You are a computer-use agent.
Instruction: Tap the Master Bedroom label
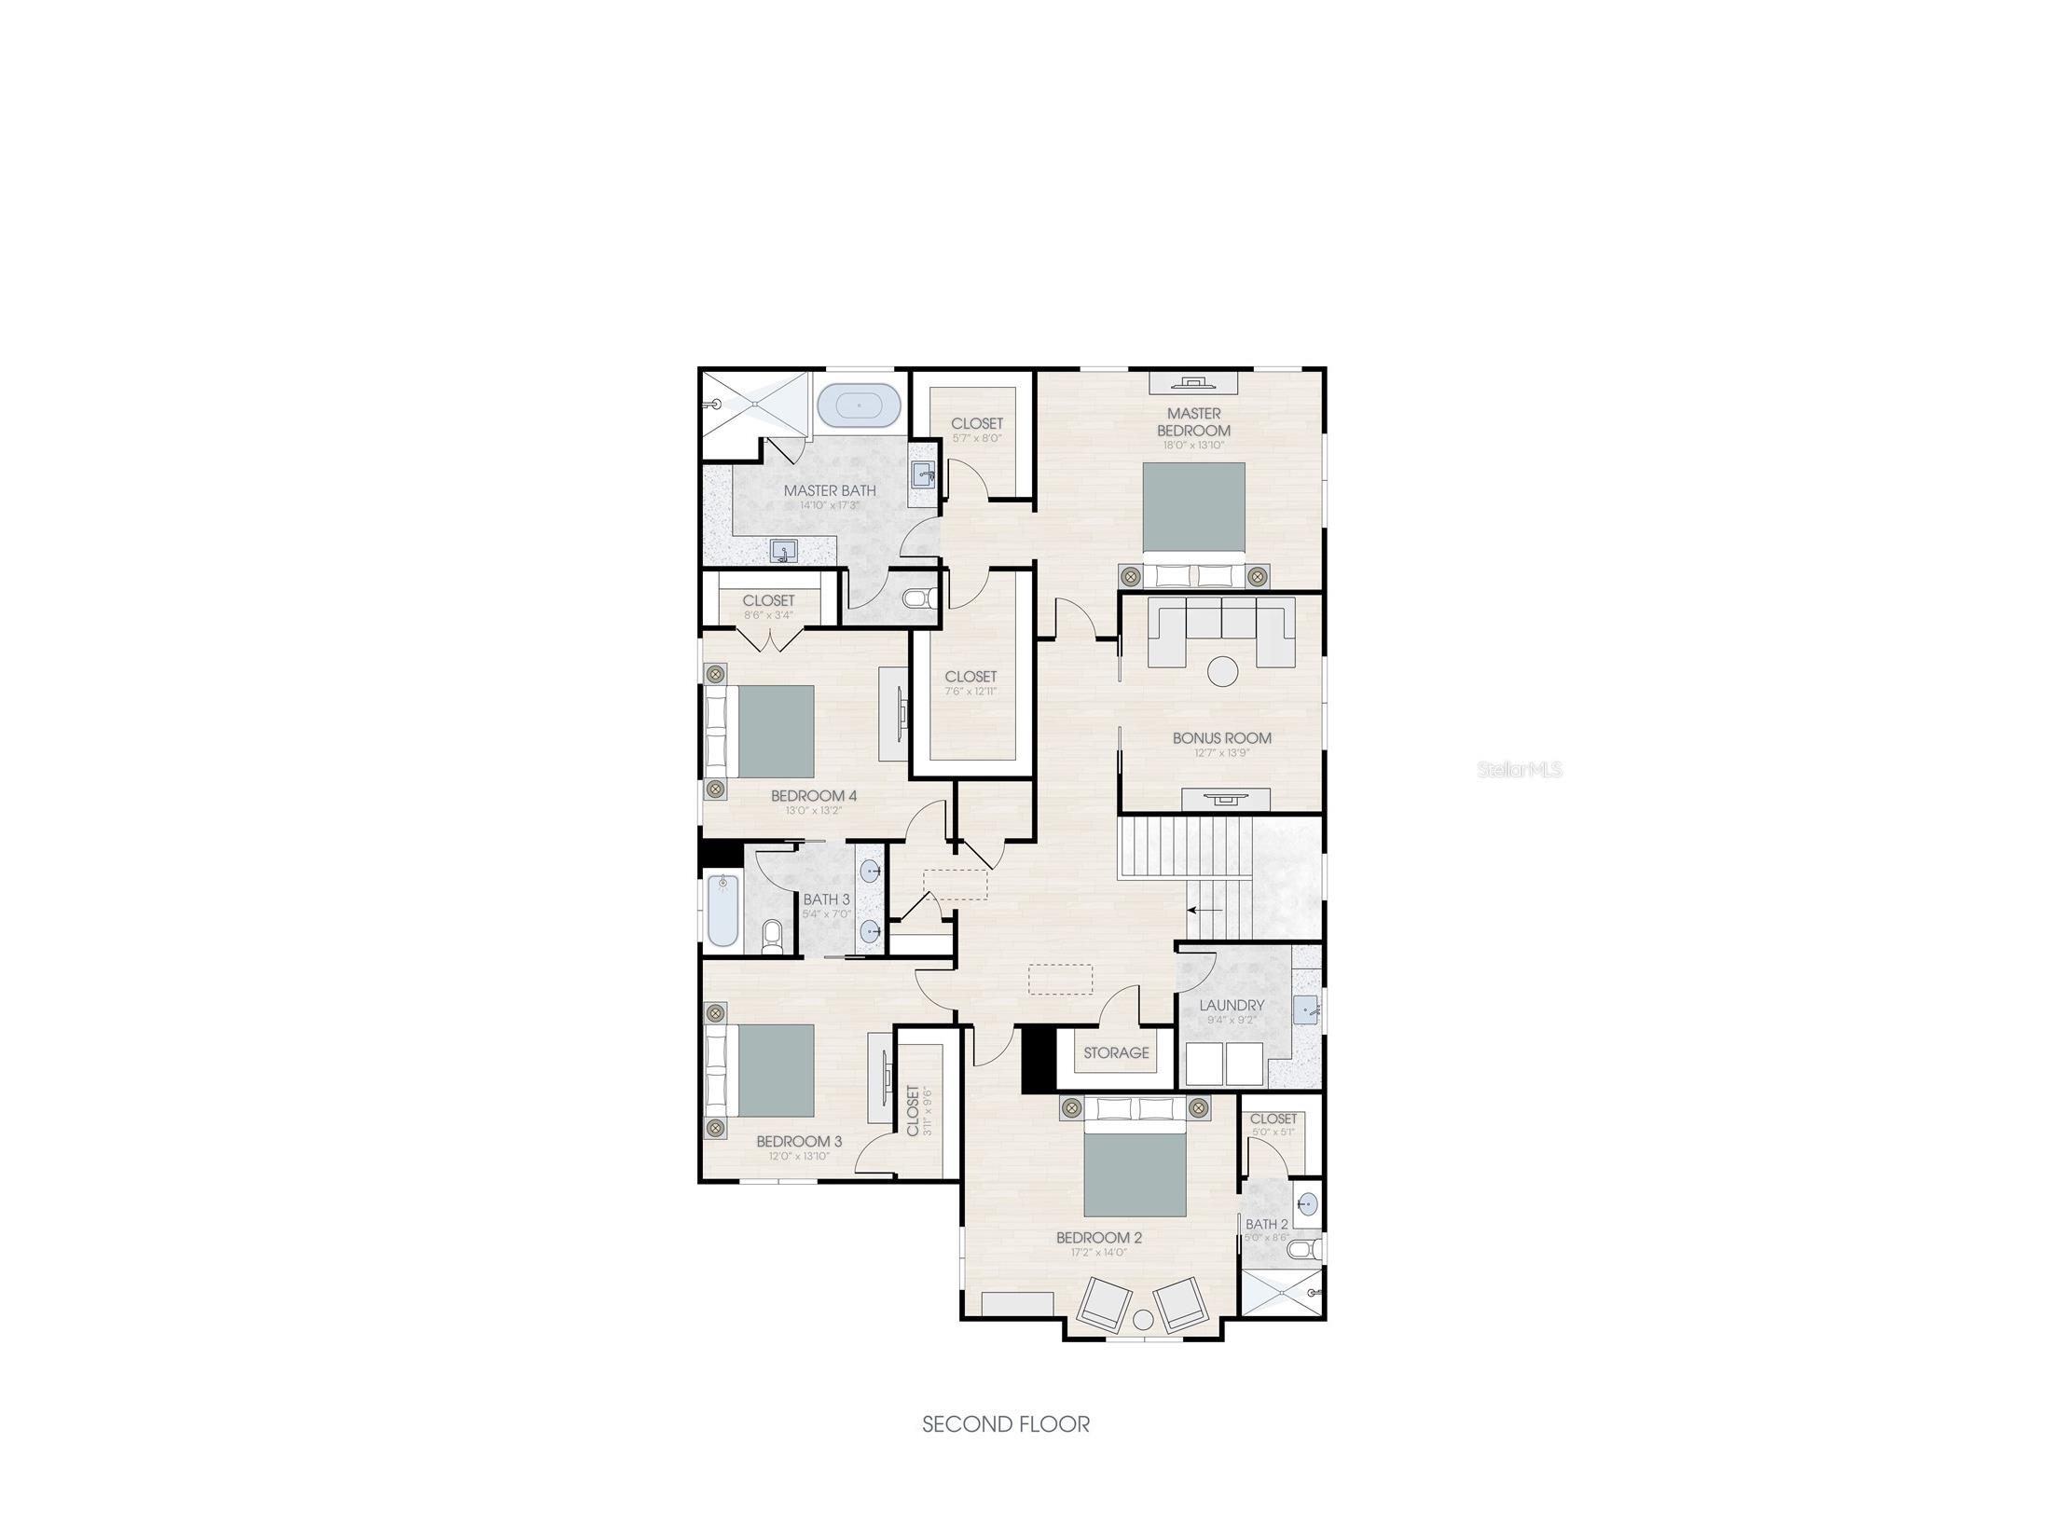pos(1193,421)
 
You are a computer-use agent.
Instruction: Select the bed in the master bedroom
pos(1193,508)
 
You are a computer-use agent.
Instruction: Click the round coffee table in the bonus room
pos(1222,671)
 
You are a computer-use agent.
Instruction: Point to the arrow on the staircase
pos(1204,910)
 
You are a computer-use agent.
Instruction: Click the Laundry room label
pos(1232,1005)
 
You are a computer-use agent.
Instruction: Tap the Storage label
pos(1116,1052)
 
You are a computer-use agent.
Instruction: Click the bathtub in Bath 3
pos(723,909)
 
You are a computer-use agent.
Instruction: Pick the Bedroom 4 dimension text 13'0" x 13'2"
pos(813,811)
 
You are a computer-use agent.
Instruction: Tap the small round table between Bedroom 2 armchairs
pos(1143,1319)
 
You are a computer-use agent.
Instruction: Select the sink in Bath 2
pos(1308,1203)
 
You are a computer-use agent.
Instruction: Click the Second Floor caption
pos(1005,1424)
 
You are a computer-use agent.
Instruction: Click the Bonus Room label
pos(1221,738)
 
